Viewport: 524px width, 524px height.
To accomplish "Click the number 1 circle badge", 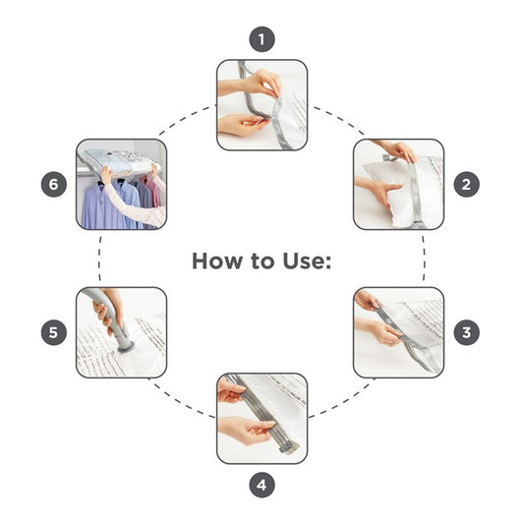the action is (262, 39).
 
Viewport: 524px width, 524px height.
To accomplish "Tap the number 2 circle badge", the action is (467, 185).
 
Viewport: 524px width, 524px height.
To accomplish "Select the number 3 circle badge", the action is (467, 332).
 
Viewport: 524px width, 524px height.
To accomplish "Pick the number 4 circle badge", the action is (262, 485).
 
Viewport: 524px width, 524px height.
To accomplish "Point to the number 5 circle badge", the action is (54, 332).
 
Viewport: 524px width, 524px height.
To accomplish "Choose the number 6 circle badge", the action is (54, 185).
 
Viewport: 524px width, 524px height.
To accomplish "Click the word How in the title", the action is (216, 261).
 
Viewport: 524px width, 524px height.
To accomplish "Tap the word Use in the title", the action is (307, 261).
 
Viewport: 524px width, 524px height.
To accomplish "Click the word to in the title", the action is (262, 262).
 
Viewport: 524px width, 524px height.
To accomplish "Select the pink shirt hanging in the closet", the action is (152, 192).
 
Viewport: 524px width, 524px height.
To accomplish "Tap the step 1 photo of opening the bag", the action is (262, 105).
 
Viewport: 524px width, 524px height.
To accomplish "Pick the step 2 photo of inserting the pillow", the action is (399, 185).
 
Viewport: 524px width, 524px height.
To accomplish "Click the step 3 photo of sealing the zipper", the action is (399, 332).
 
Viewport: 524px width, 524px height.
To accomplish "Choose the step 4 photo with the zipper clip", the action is (262, 419).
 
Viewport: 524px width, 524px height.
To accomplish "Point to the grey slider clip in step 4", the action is (288, 447).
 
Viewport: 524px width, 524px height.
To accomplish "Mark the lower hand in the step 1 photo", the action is (241, 124).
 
